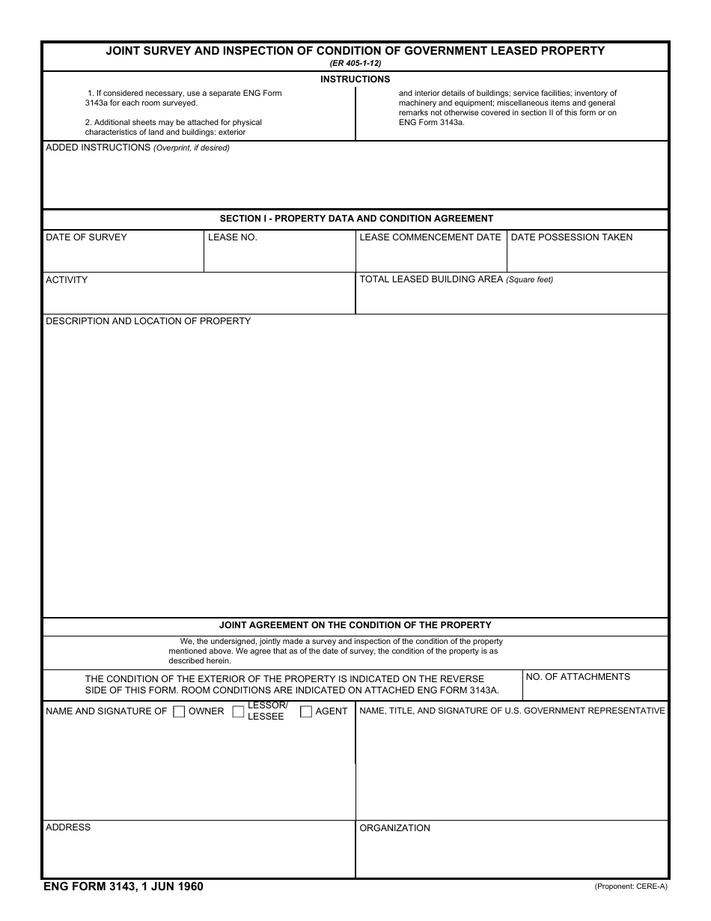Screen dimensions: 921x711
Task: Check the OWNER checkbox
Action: point(179,712)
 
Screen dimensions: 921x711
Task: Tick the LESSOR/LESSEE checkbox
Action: point(238,712)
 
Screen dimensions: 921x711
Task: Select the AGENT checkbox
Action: point(306,712)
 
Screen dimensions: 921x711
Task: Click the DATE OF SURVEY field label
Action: point(86,237)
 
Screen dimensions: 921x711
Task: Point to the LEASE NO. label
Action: point(232,237)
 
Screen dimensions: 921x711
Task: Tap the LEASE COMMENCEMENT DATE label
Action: point(430,237)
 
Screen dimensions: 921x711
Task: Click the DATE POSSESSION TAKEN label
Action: point(571,237)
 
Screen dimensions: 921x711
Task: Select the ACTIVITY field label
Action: point(67,280)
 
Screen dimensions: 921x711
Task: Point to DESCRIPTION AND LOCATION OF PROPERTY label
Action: point(148,321)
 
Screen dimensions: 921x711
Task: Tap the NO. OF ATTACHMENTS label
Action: point(578,677)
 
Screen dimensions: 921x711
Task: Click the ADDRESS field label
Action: point(68,827)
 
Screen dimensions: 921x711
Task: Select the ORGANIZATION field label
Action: point(394,828)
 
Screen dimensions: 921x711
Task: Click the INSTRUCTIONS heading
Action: point(355,79)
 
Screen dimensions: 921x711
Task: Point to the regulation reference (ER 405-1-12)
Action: point(355,64)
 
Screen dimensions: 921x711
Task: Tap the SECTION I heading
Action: point(356,219)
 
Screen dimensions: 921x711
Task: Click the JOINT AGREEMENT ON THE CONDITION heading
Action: point(355,624)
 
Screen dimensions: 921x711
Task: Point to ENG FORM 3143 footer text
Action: point(123,887)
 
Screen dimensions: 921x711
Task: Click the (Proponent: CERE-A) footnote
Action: point(630,887)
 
